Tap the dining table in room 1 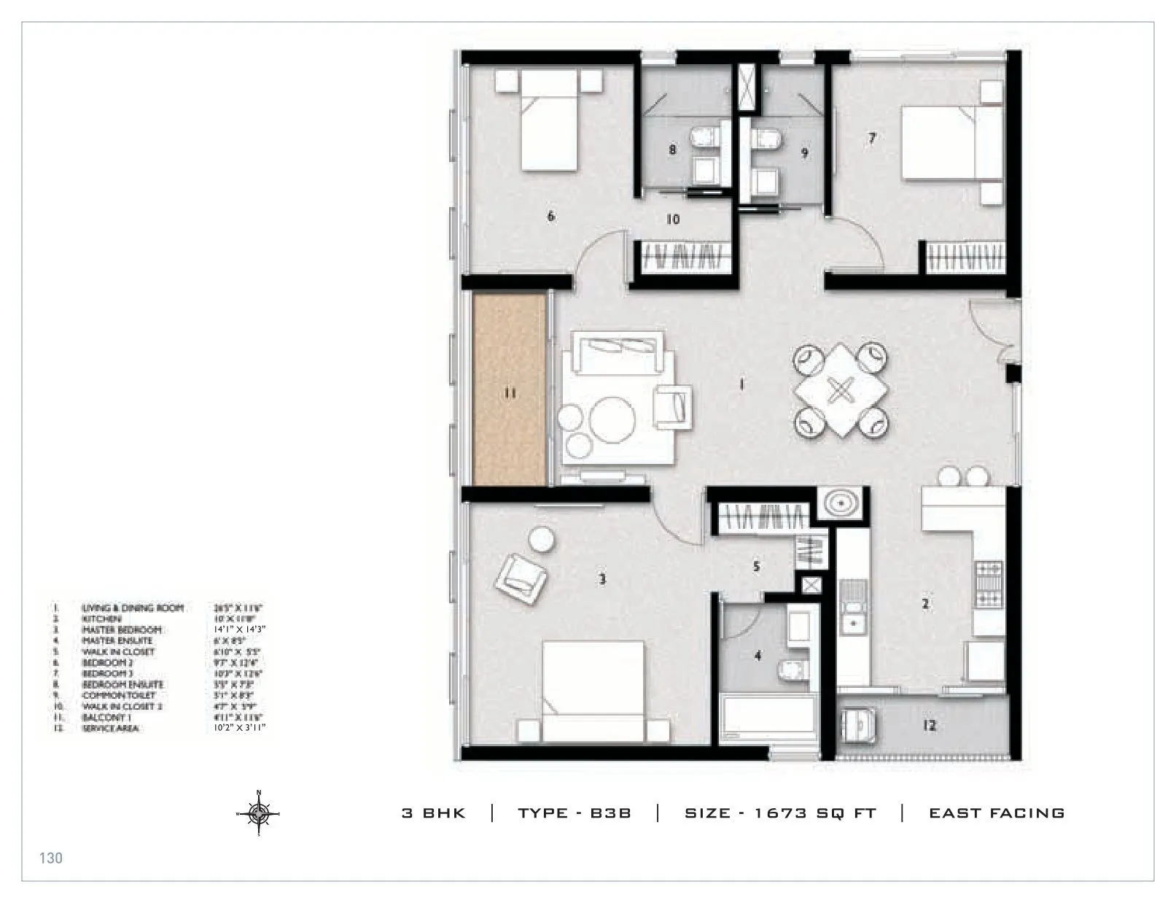pyautogui.click(x=841, y=391)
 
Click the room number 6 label pyautogui.click(x=550, y=216)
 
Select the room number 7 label pyautogui.click(x=871, y=138)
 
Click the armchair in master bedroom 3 pyautogui.click(x=520, y=575)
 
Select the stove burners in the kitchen pyautogui.click(x=989, y=583)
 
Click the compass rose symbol pyautogui.click(x=258, y=813)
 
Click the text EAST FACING pyautogui.click(x=996, y=813)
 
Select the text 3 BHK pyautogui.click(x=433, y=813)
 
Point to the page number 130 pyautogui.click(x=51, y=858)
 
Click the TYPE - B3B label pyautogui.click(x=574, y=813)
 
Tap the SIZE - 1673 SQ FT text pyautogui.click(x=779, y=813)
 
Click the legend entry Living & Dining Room pyautogui.click(x=132, y=608)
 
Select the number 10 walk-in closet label pyautogui.click(x=673, y=219)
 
